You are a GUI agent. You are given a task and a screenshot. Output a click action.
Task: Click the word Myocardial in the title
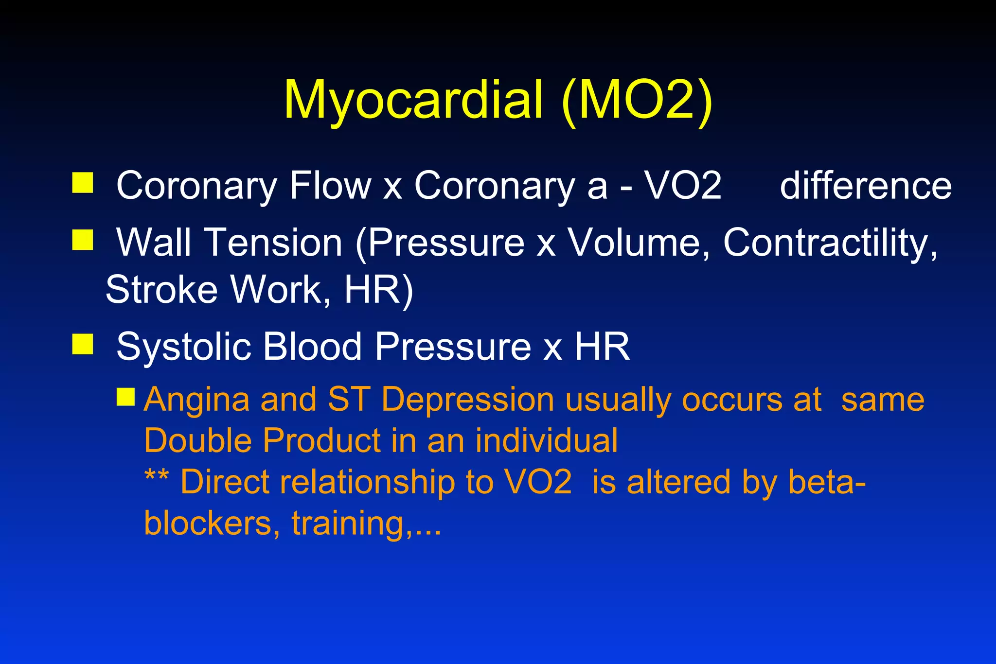(413, 101)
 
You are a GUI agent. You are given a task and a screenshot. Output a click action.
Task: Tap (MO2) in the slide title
(637, 101)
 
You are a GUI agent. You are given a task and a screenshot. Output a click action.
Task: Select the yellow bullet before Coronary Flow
(83, 183)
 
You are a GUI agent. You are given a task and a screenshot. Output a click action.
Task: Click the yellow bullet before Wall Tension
(83, 240)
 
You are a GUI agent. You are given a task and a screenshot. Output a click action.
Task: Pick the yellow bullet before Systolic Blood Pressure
(83, 344)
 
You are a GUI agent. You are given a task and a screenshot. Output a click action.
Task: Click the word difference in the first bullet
(866, 186)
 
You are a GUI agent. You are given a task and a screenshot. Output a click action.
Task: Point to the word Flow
(330, 186)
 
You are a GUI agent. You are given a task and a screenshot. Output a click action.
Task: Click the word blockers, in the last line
(212, 523)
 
